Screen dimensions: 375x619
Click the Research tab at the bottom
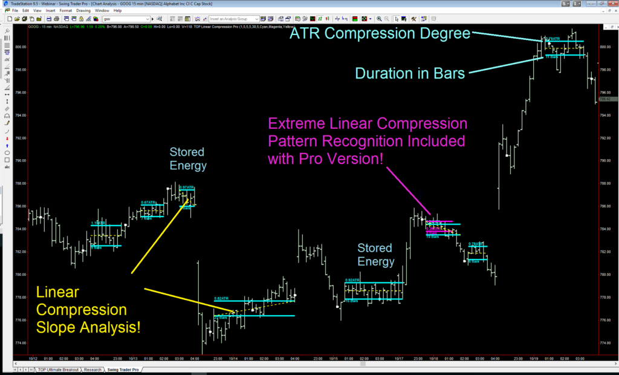(x=92, y=369)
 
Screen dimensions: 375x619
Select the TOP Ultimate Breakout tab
(x=58, y=369)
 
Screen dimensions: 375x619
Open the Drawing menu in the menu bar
(x=83, y=10)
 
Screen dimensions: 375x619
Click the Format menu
(x=65, y=10)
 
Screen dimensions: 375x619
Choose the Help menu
(x=117, y=10)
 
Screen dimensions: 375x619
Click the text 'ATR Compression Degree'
(x=380, y=34)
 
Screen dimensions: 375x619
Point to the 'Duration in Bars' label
(x=410, y=73)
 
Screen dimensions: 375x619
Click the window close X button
(x=612, y=3)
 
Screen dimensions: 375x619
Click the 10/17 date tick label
(x=399, y=359)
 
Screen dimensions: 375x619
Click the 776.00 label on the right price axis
(x=604, y=321)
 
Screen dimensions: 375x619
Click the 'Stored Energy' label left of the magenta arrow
(x=375, y=255)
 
